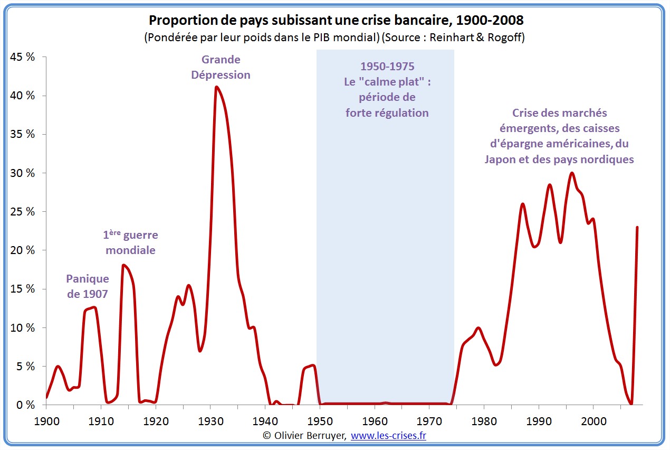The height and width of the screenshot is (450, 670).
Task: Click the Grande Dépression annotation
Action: point(221,67)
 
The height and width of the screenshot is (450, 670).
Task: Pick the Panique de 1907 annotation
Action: point(87,286)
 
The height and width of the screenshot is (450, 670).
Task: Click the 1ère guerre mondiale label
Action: point(130,243)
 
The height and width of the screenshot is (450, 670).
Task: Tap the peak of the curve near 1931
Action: point(216,87)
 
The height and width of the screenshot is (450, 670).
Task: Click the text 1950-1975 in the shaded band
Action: point(387,67)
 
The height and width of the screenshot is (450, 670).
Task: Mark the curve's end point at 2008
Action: point(637,227)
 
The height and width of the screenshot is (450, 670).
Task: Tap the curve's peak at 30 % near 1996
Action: point(571,173)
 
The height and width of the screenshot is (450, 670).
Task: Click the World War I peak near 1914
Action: point(123,265)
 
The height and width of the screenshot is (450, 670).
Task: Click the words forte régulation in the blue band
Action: point(387,113)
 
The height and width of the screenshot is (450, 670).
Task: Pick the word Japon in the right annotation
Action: point(500,159)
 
